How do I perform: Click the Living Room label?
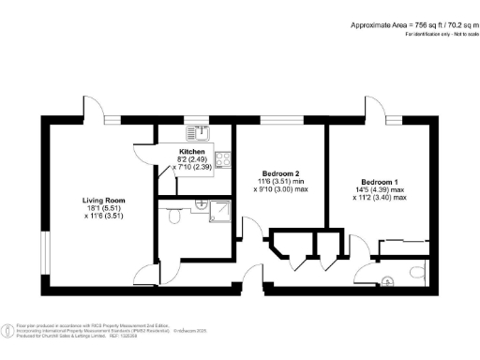[104, 201]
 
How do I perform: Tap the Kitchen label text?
[192, 151]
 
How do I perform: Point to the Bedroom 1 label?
[380, 181]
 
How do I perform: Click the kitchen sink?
[197, 132]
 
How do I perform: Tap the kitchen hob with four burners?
[223, 159]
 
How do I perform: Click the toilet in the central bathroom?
[173, 217]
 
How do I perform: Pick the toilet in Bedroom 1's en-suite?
[416, 274]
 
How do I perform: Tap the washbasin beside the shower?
[199, 203]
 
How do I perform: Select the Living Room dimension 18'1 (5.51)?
[104, 210]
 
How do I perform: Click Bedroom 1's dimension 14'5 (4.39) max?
[380, 190]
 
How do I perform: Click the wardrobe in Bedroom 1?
[404, 247]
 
